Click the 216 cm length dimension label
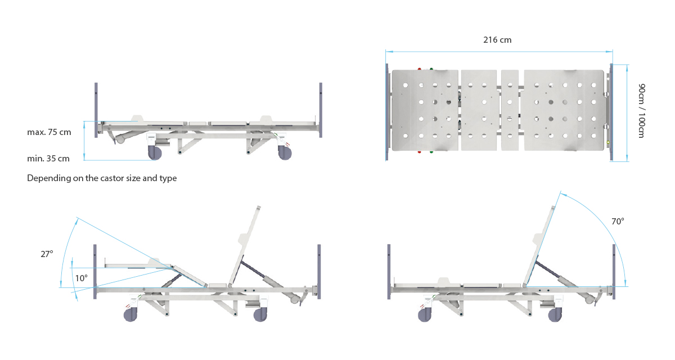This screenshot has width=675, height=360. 497,40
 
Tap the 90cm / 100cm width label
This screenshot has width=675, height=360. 642,111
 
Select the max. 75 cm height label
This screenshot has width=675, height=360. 49,132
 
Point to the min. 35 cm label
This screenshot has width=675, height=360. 48,159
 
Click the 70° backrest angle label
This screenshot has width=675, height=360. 618,222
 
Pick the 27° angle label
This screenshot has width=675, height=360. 47,254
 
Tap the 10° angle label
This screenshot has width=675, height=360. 81,278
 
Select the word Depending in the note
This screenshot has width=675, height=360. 49,178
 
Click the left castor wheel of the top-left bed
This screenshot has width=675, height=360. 155,152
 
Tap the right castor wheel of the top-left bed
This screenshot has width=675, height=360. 285,153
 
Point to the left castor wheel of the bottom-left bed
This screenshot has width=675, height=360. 130,315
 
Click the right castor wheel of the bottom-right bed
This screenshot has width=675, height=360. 555,315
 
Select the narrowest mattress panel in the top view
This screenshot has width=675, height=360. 510,110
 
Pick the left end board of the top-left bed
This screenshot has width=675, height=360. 96,110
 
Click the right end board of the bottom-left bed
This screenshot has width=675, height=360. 319,272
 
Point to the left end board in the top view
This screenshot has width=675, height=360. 387,112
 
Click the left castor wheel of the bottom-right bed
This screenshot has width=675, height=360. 425,315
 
